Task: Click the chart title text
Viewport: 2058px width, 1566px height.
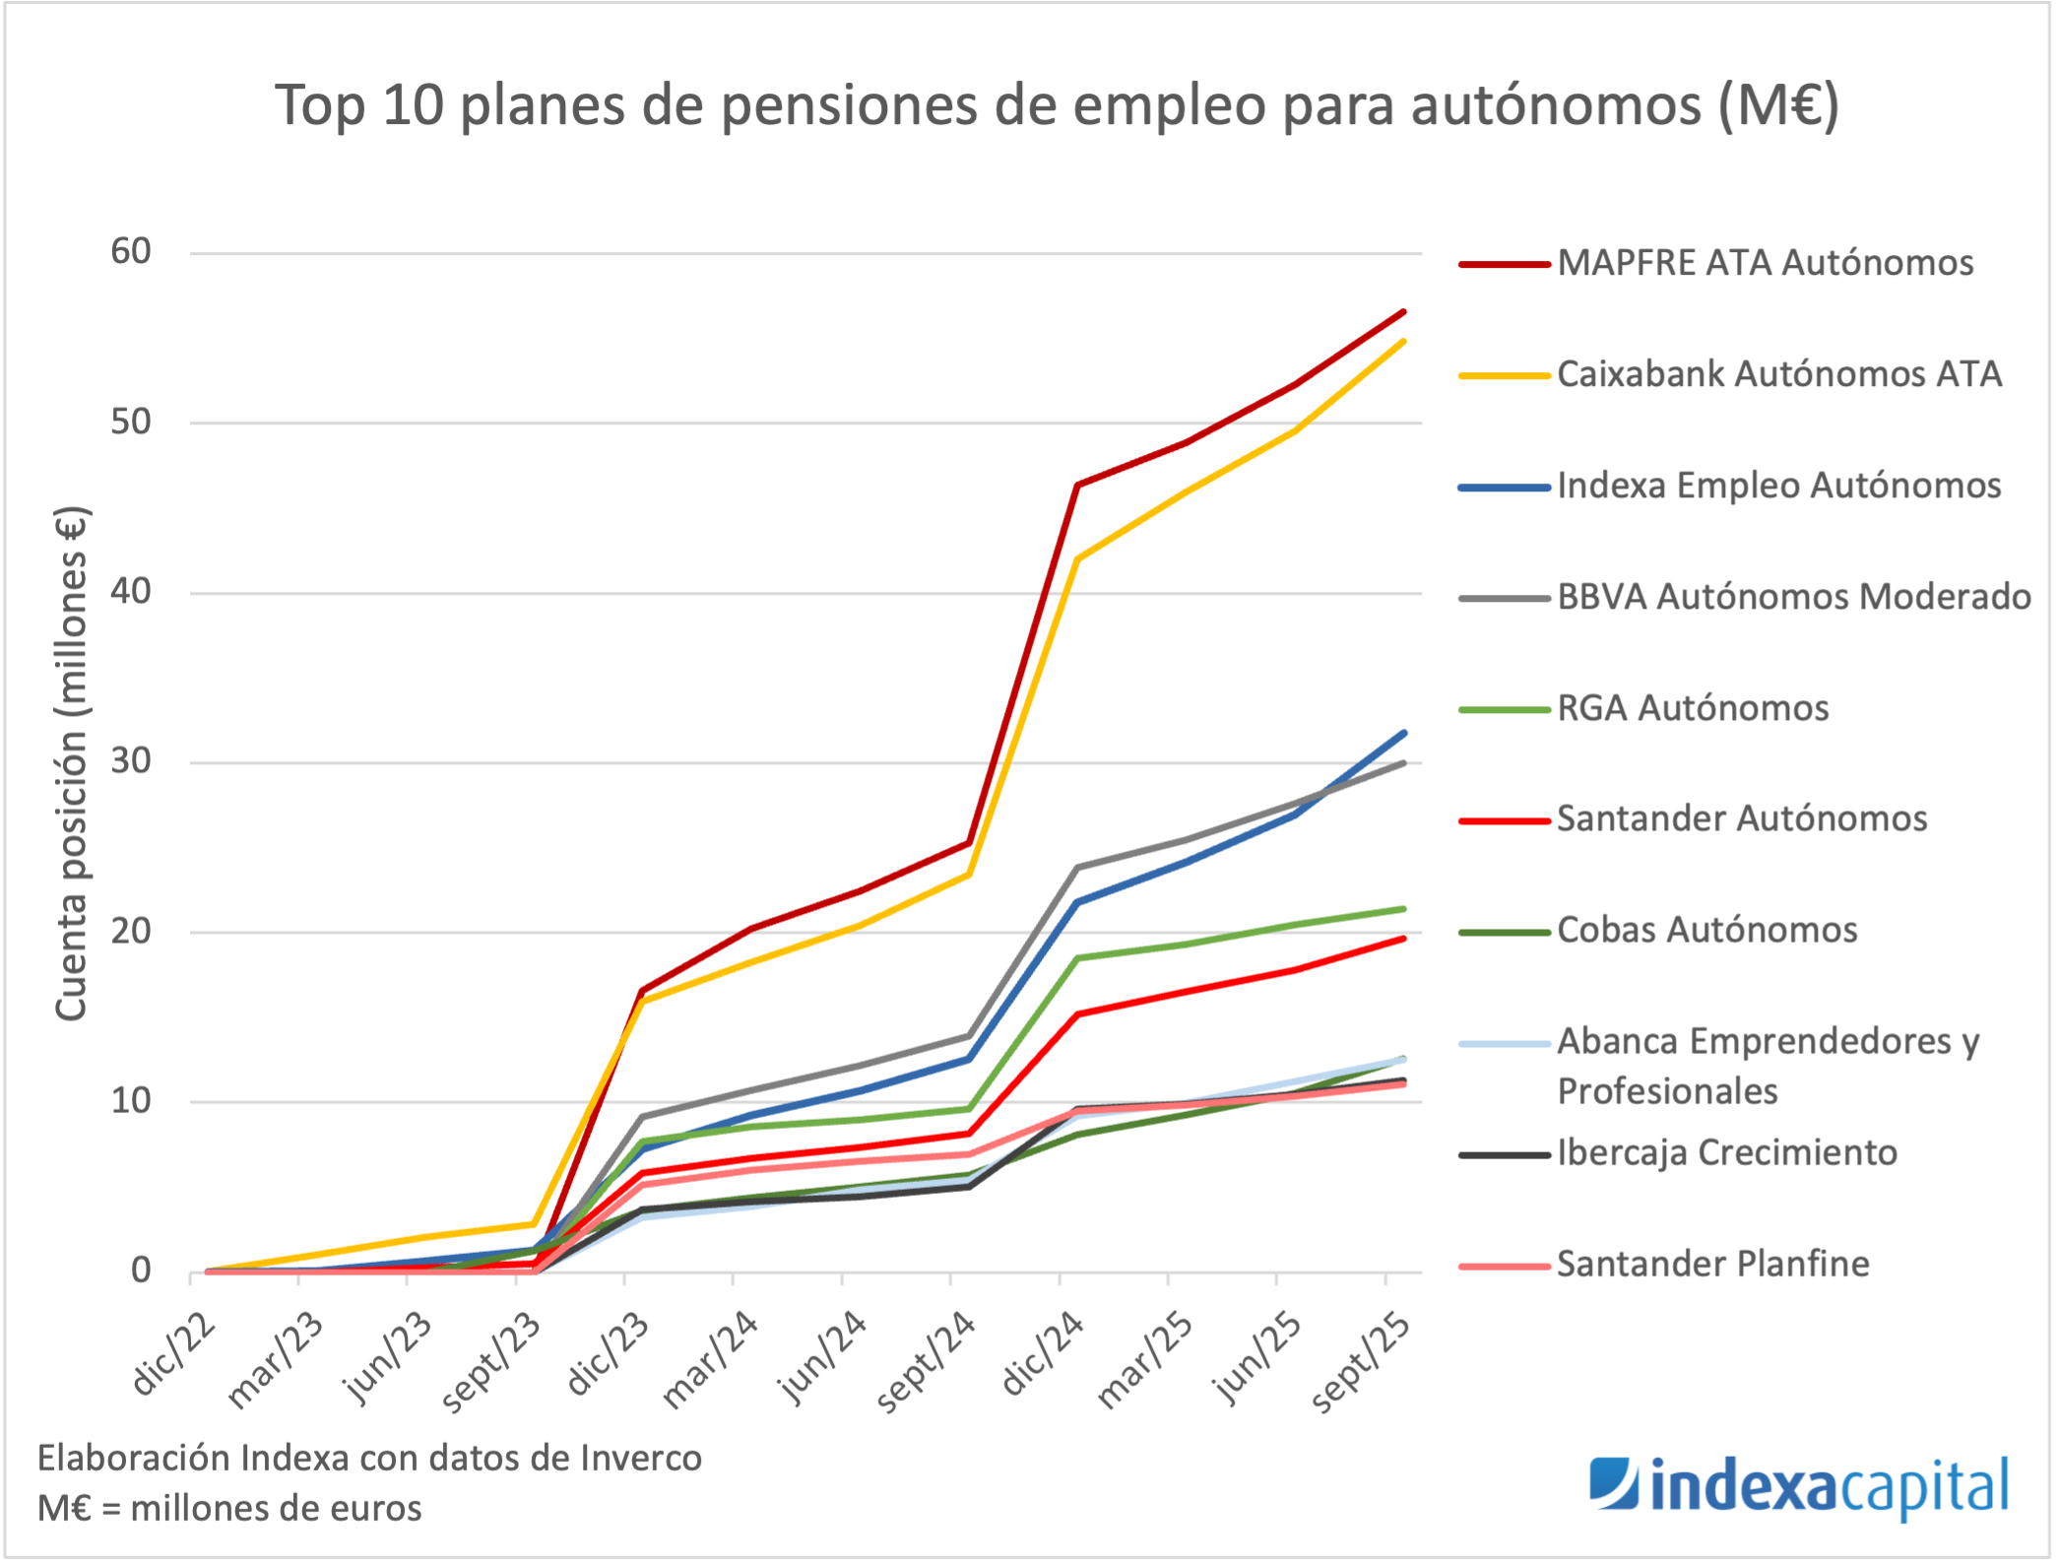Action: (x=1057, y=105)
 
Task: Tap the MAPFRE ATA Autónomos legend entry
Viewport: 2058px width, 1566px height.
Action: (x=1765, y=263)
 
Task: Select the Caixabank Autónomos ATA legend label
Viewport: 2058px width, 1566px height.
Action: (x=1778, y=374)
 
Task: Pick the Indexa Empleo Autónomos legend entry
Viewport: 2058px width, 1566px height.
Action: (x=1778, y=486)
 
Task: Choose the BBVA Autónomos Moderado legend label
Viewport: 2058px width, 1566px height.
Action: (x=1793, y=597)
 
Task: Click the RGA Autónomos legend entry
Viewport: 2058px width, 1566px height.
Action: (x=1693, y=708)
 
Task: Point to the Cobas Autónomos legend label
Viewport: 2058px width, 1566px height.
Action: (x=1706, y=930)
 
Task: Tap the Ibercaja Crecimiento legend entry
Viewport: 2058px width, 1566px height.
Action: (x=1726, y=1152)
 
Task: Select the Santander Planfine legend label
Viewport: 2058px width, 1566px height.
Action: (x=1712, y=1264)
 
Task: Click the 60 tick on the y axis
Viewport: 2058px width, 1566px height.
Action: (x=131, y=252)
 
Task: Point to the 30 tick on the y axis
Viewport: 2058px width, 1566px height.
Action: (x=131, y=761)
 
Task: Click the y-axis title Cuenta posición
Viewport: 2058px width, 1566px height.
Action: (x=72, y=763)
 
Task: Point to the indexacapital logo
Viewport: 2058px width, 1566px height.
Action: (x=1798, y=1487)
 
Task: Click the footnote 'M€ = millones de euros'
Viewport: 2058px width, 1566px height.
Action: (x=229, y=1508)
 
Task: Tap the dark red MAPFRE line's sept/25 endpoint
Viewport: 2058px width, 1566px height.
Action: (x=1403, y=312)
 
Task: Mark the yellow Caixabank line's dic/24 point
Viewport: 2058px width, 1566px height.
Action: (x=1078, y=558)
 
